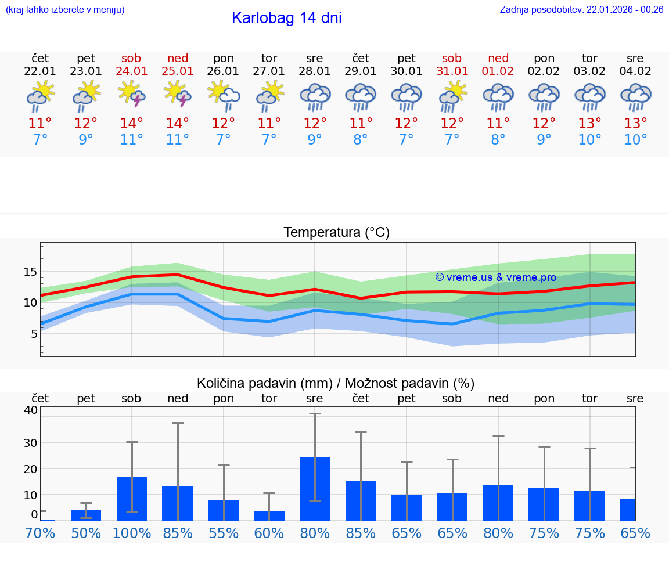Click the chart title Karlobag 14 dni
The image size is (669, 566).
pyautogui.click(x=286, y=18)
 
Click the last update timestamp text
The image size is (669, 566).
pyautogui.click(x=581, y=10)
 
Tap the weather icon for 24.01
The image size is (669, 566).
pyautogui.click(x=132, y=94)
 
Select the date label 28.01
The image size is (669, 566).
pyautogui.click(x=315, y=71)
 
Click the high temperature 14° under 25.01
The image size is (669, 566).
pyautogui.click(x=178, y=123)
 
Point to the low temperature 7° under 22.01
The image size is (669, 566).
pyautogui.click(x=40, y=140)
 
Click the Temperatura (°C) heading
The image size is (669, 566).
pyautogui.click(x=336, y=233)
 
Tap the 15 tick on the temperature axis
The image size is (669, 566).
pyautogui.click(x=31, y=272)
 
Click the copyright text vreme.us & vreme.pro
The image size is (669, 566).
pyautogui.click(x=496, y=277)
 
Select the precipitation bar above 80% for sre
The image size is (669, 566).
pyautogui.click(x=315, y=489)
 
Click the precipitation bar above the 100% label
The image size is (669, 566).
pyautogui.click(x=132, y=499)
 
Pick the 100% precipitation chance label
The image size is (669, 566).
pyautogui.click(x=132, y=533)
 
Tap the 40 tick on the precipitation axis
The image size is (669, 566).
pyautogui.click(x=31, y=410)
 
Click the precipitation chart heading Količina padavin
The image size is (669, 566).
pyautogui.click(x=336, y=383)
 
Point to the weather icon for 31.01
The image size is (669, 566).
pyautogui.click(x=452, y=95)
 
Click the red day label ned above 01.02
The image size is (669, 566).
pyautogui.click(x=498, y=58)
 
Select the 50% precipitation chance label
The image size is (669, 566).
pyautogui.click(x=86, y=533)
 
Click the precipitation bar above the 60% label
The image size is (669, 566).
pyautogui.click(x=269, y=516)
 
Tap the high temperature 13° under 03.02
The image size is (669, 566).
pyautogui.click(x=589, y=123)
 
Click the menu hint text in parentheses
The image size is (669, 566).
pyautogui.click(x=65, y=10)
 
